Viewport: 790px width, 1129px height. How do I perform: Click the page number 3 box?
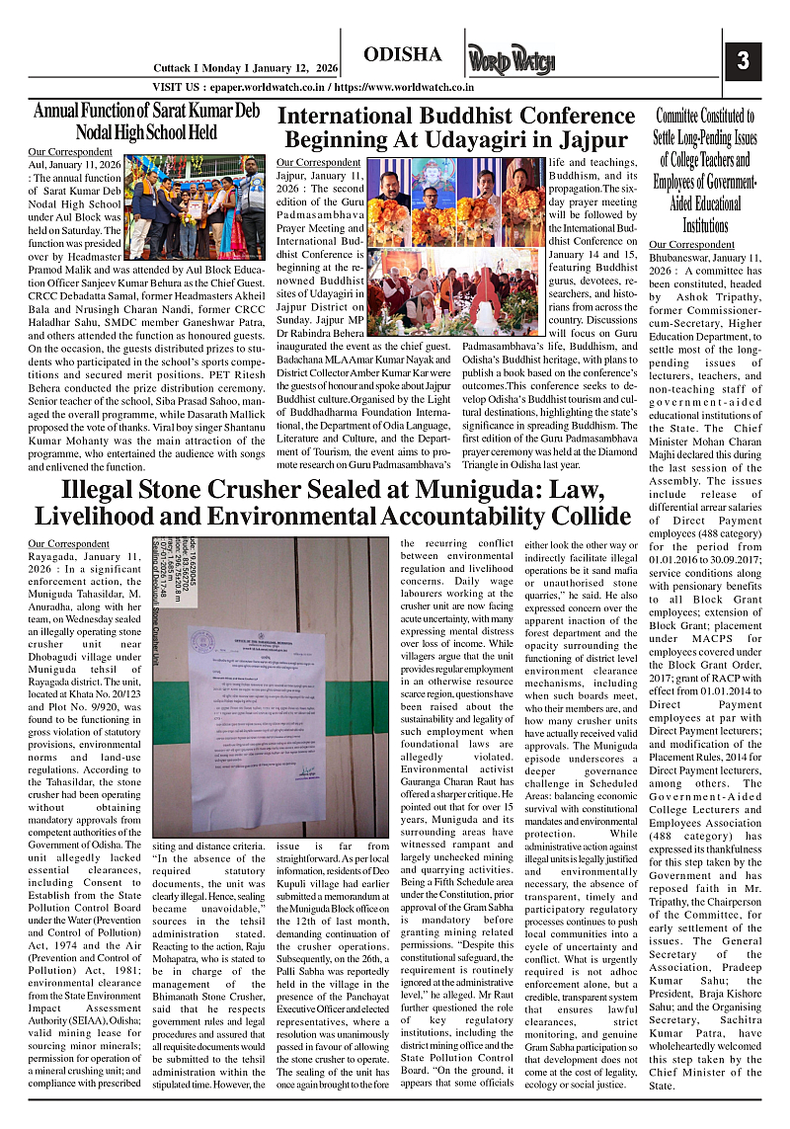742,60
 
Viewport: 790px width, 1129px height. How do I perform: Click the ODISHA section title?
402,54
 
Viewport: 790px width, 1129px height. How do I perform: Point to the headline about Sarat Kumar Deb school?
146,120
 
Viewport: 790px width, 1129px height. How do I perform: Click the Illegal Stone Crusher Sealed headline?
332,502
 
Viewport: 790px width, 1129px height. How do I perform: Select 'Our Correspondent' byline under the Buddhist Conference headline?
319,161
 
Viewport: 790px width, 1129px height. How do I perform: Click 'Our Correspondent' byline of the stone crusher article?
69,543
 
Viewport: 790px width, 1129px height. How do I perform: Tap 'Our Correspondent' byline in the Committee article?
691,243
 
